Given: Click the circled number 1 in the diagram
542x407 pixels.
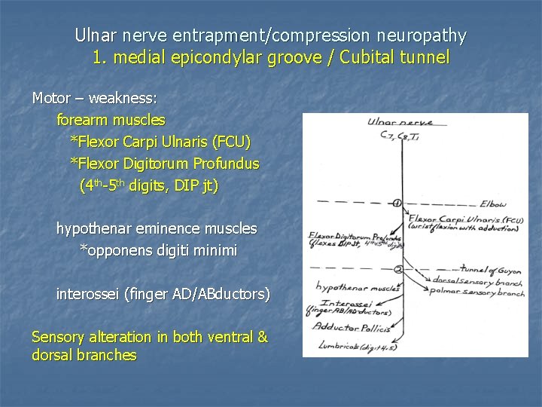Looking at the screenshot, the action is [397, 202].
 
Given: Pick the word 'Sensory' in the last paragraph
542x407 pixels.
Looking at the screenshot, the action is [58, 338].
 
